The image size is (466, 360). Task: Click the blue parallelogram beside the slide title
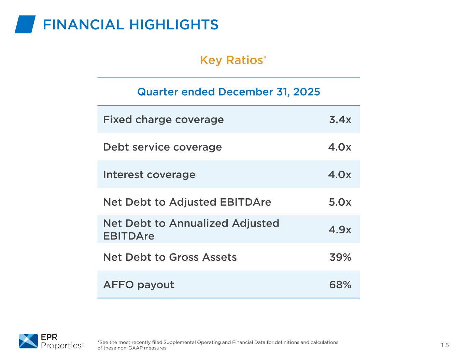25,25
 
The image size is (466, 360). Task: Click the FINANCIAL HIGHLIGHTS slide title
130,25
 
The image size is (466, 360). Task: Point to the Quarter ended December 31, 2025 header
228,92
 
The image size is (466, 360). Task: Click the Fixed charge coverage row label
163,119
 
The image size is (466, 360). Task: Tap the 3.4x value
340,119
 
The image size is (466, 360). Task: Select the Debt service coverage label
162,147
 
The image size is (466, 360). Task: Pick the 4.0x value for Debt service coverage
340,147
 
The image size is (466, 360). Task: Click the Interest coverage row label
149,175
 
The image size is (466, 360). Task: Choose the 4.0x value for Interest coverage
340,175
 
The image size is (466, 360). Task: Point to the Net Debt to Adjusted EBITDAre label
187,202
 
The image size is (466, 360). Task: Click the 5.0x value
340,202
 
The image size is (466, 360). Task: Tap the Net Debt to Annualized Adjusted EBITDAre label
191,229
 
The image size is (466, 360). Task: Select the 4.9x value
340,230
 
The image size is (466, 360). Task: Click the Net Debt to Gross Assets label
170,257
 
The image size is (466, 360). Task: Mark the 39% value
340,257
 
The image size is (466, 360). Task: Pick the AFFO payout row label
138,285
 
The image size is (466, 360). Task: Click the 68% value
340,285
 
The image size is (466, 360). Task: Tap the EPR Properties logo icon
28,341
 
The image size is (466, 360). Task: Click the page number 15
445,345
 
